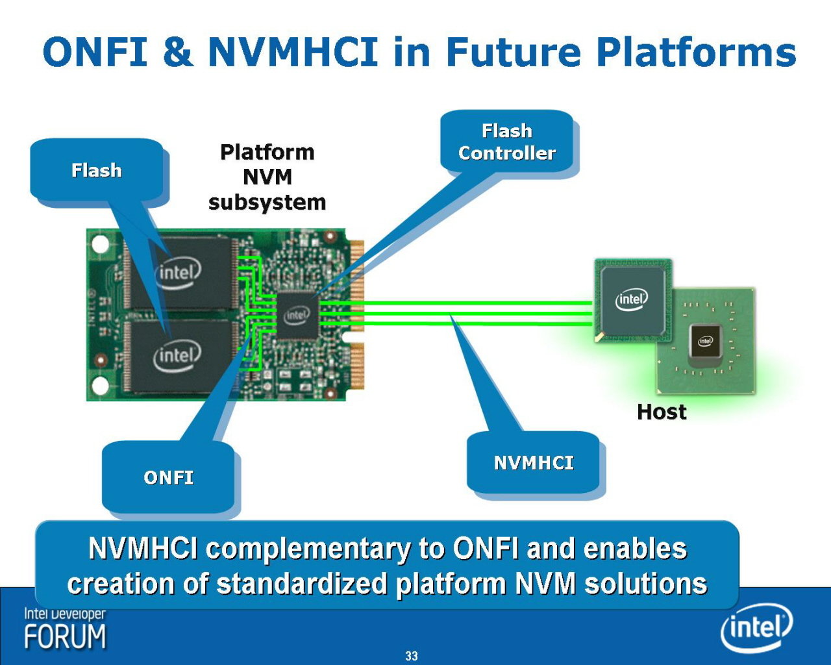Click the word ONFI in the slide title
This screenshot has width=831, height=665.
(95, 51)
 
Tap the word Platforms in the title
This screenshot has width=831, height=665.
(696, 52)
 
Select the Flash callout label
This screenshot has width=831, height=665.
(97, 170)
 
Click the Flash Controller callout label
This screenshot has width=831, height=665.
(506, 142)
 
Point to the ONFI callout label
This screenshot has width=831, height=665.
(168, 478)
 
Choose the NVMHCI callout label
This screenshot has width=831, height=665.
(534, 463)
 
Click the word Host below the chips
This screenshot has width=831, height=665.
(662, 412)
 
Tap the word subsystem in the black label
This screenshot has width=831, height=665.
(267, 203)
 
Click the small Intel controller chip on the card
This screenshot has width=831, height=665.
(297, 316)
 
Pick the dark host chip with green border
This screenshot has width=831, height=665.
(633, 301)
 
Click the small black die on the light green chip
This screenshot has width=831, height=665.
(705, 341)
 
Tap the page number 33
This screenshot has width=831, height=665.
(412, 656)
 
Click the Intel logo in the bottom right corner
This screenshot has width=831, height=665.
(756, 627)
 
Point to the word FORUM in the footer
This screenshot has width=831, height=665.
(65, 636)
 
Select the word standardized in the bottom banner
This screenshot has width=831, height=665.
(302, 583)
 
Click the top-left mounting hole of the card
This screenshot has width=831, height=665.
(101, 244)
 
